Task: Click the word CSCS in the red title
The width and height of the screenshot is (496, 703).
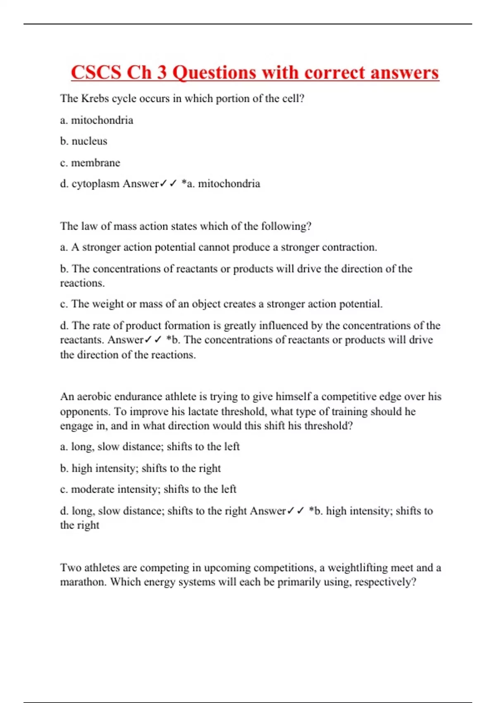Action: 96,73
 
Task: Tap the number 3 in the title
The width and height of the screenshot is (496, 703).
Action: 162,73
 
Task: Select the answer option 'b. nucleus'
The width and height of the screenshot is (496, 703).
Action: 83,141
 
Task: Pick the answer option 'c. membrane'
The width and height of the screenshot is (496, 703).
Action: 90,163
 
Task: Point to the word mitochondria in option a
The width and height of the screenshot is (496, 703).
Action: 102,120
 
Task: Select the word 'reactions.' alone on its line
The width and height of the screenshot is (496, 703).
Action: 82,283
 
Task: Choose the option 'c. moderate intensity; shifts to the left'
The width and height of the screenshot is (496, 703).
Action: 148,489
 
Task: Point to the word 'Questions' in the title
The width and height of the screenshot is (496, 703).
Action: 214,73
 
